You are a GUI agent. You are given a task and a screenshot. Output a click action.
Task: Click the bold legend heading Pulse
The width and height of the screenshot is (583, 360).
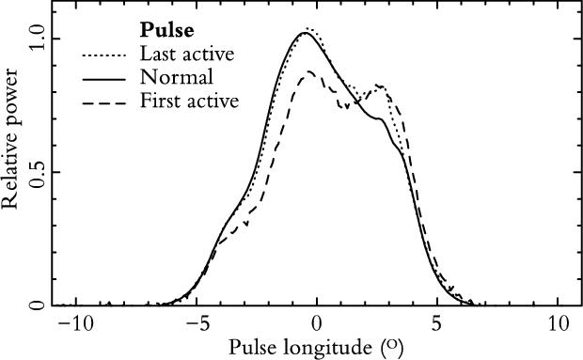(166, 31)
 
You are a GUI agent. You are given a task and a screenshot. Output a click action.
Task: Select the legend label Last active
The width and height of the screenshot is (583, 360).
(187, 55)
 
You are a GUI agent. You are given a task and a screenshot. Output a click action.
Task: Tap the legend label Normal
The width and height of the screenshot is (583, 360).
(177, 77)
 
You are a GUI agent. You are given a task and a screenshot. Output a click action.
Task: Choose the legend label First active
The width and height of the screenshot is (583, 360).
(189, 101)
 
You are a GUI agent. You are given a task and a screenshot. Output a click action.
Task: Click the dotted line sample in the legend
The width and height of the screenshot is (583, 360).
(103, 56)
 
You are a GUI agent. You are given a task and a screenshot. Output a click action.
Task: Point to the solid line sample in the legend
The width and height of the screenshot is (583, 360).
(103, 80)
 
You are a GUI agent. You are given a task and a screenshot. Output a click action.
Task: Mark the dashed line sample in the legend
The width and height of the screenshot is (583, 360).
(103, 102)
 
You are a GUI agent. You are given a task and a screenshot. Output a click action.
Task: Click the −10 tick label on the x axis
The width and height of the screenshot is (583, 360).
(76, 324)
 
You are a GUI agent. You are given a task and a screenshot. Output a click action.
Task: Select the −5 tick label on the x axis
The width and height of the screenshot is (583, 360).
(196, 324)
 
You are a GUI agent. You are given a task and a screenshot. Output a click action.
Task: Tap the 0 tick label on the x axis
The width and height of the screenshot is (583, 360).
(316, 324)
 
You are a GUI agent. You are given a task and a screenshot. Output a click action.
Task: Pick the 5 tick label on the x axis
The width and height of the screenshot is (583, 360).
(437, 324)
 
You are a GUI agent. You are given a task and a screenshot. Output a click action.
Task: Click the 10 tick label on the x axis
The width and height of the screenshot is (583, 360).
(558, 324)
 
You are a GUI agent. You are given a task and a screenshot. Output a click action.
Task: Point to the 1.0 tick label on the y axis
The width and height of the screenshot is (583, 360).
(38, 39)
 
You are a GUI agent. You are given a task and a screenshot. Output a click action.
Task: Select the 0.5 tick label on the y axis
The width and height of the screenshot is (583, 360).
(38, 172)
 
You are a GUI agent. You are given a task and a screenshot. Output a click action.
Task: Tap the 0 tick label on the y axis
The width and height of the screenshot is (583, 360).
(38, 305)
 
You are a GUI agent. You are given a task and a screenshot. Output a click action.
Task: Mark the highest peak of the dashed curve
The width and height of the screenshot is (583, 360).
(309, 70)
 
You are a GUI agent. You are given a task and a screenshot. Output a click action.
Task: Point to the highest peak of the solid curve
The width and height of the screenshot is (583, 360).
(305, 33)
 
